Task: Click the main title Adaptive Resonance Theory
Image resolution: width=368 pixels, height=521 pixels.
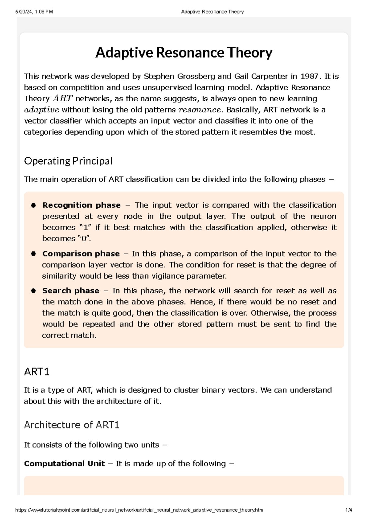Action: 184,53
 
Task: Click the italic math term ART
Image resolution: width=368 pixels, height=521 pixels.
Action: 63,98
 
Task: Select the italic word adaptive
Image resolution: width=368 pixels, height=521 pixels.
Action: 41,110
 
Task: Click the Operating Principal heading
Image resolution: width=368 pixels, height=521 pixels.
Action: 68,161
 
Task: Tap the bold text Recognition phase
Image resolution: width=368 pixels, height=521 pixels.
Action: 81,205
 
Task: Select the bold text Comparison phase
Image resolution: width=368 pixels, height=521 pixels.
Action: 81,254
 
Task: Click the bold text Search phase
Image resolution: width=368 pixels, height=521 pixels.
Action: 71,291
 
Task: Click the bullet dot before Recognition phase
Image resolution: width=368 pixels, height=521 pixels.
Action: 33,205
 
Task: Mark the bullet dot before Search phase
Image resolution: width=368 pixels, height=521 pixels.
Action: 33,291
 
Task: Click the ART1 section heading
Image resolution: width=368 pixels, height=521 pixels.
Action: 36,372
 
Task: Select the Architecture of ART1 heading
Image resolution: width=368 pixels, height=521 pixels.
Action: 71,425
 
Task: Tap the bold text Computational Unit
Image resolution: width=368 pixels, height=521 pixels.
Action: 64,464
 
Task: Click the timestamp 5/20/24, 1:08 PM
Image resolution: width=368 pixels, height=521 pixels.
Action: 34,12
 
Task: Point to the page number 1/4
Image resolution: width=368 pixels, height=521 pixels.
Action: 349,510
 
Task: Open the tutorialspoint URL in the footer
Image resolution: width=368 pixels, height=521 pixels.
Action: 139,510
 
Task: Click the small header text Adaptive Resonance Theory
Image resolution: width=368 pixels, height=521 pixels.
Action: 212,12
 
